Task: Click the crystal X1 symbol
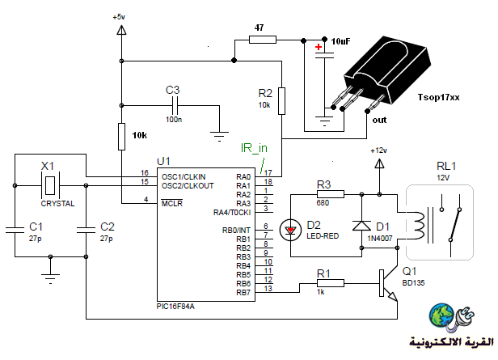point(50,185)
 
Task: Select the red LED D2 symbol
point(290,230)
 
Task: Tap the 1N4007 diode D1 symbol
point(361,225)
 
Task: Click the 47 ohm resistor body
point(263,40)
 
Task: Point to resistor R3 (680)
point(331,194)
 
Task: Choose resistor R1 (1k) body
point(331,283)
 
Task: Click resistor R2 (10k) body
point(281,101)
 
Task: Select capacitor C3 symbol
point(175,105)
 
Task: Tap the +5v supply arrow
point(121,30)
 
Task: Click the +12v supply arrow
point(379,163)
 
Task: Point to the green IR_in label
point(254,148)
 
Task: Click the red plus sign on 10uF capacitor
point(319,48)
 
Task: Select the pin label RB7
point(243,292)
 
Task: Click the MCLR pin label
point(172,203)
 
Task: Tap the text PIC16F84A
point(175,307)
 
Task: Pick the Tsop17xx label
point(438,97)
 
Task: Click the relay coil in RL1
point(418,226)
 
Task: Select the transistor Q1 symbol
point(388,283)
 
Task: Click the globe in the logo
point(441,316)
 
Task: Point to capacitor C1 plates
point(15,230)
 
